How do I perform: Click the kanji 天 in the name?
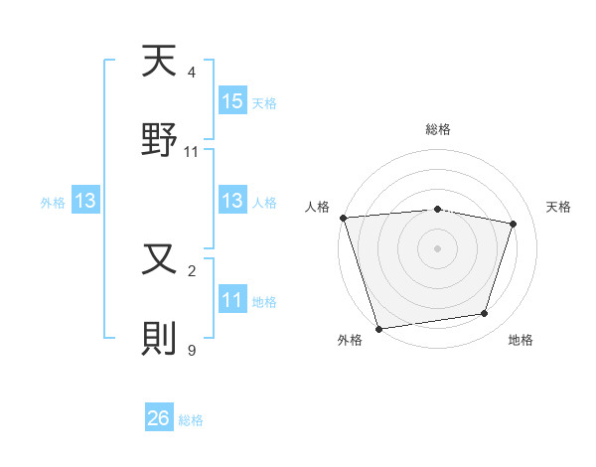pos(160,64)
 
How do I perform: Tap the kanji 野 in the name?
pos(160,140)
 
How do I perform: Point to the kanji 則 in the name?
pos(160,338)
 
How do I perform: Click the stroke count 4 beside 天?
pos(192,73)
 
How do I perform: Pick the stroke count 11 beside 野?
pos(192,151)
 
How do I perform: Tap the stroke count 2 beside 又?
pos(192,270)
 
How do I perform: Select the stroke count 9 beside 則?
pos(192,349)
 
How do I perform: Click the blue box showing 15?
pos(232,101)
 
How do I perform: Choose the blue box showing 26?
pos(159,419)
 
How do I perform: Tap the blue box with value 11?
pos(232,300)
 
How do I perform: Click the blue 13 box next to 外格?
pos(85,201)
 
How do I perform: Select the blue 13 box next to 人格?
pos(232,201)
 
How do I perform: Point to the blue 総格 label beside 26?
pos(191,420)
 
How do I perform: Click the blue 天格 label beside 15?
pos(264,102)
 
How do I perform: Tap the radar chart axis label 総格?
pos(438,129)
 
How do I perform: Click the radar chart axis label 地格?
pos(521,340)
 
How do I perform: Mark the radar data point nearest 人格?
pos(343,218)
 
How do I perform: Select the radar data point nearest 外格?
pos(378,327)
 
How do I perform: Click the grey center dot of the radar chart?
pos(438,248)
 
